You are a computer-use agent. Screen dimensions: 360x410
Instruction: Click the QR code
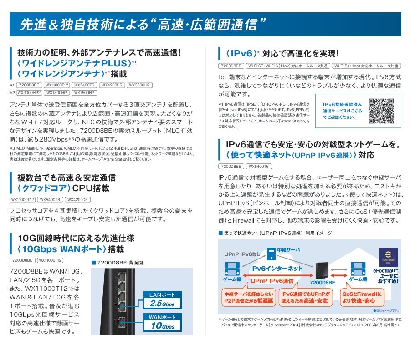click(381, 111)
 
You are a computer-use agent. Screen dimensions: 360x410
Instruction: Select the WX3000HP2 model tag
click(29, 92)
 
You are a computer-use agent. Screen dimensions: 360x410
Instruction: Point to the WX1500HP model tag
click(84, 92)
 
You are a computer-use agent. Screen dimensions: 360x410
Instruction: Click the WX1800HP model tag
click(57, 92)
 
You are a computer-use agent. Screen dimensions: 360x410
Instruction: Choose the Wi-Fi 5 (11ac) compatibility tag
click(366, 66)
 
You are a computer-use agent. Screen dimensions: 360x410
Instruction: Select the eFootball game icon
click(388, 257)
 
